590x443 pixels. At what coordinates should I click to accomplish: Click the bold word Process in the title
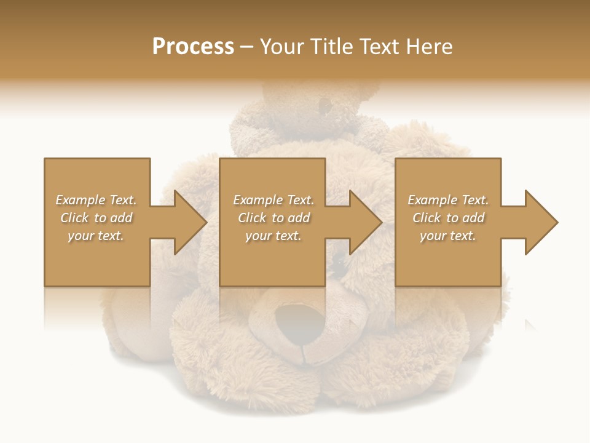pos(193,47)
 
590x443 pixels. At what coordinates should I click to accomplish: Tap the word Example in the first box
pos(80,200)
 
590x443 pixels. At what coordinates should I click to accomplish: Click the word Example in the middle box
pos(257,200)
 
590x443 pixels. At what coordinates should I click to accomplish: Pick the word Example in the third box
pos(432,200)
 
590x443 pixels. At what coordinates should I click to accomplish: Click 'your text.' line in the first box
pos(96,236)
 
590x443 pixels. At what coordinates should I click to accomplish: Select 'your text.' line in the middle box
pos(273,236)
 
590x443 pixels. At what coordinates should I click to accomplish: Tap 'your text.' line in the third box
pos(448,236)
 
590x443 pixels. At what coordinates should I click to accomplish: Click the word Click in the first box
pos(74,218)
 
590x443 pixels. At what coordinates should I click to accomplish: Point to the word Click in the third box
pos(427,218)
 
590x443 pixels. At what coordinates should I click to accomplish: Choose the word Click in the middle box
pos(252,218)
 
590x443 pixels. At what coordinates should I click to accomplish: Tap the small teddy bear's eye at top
pos(324,106)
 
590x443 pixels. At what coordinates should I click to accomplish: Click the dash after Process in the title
pos(247,47)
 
